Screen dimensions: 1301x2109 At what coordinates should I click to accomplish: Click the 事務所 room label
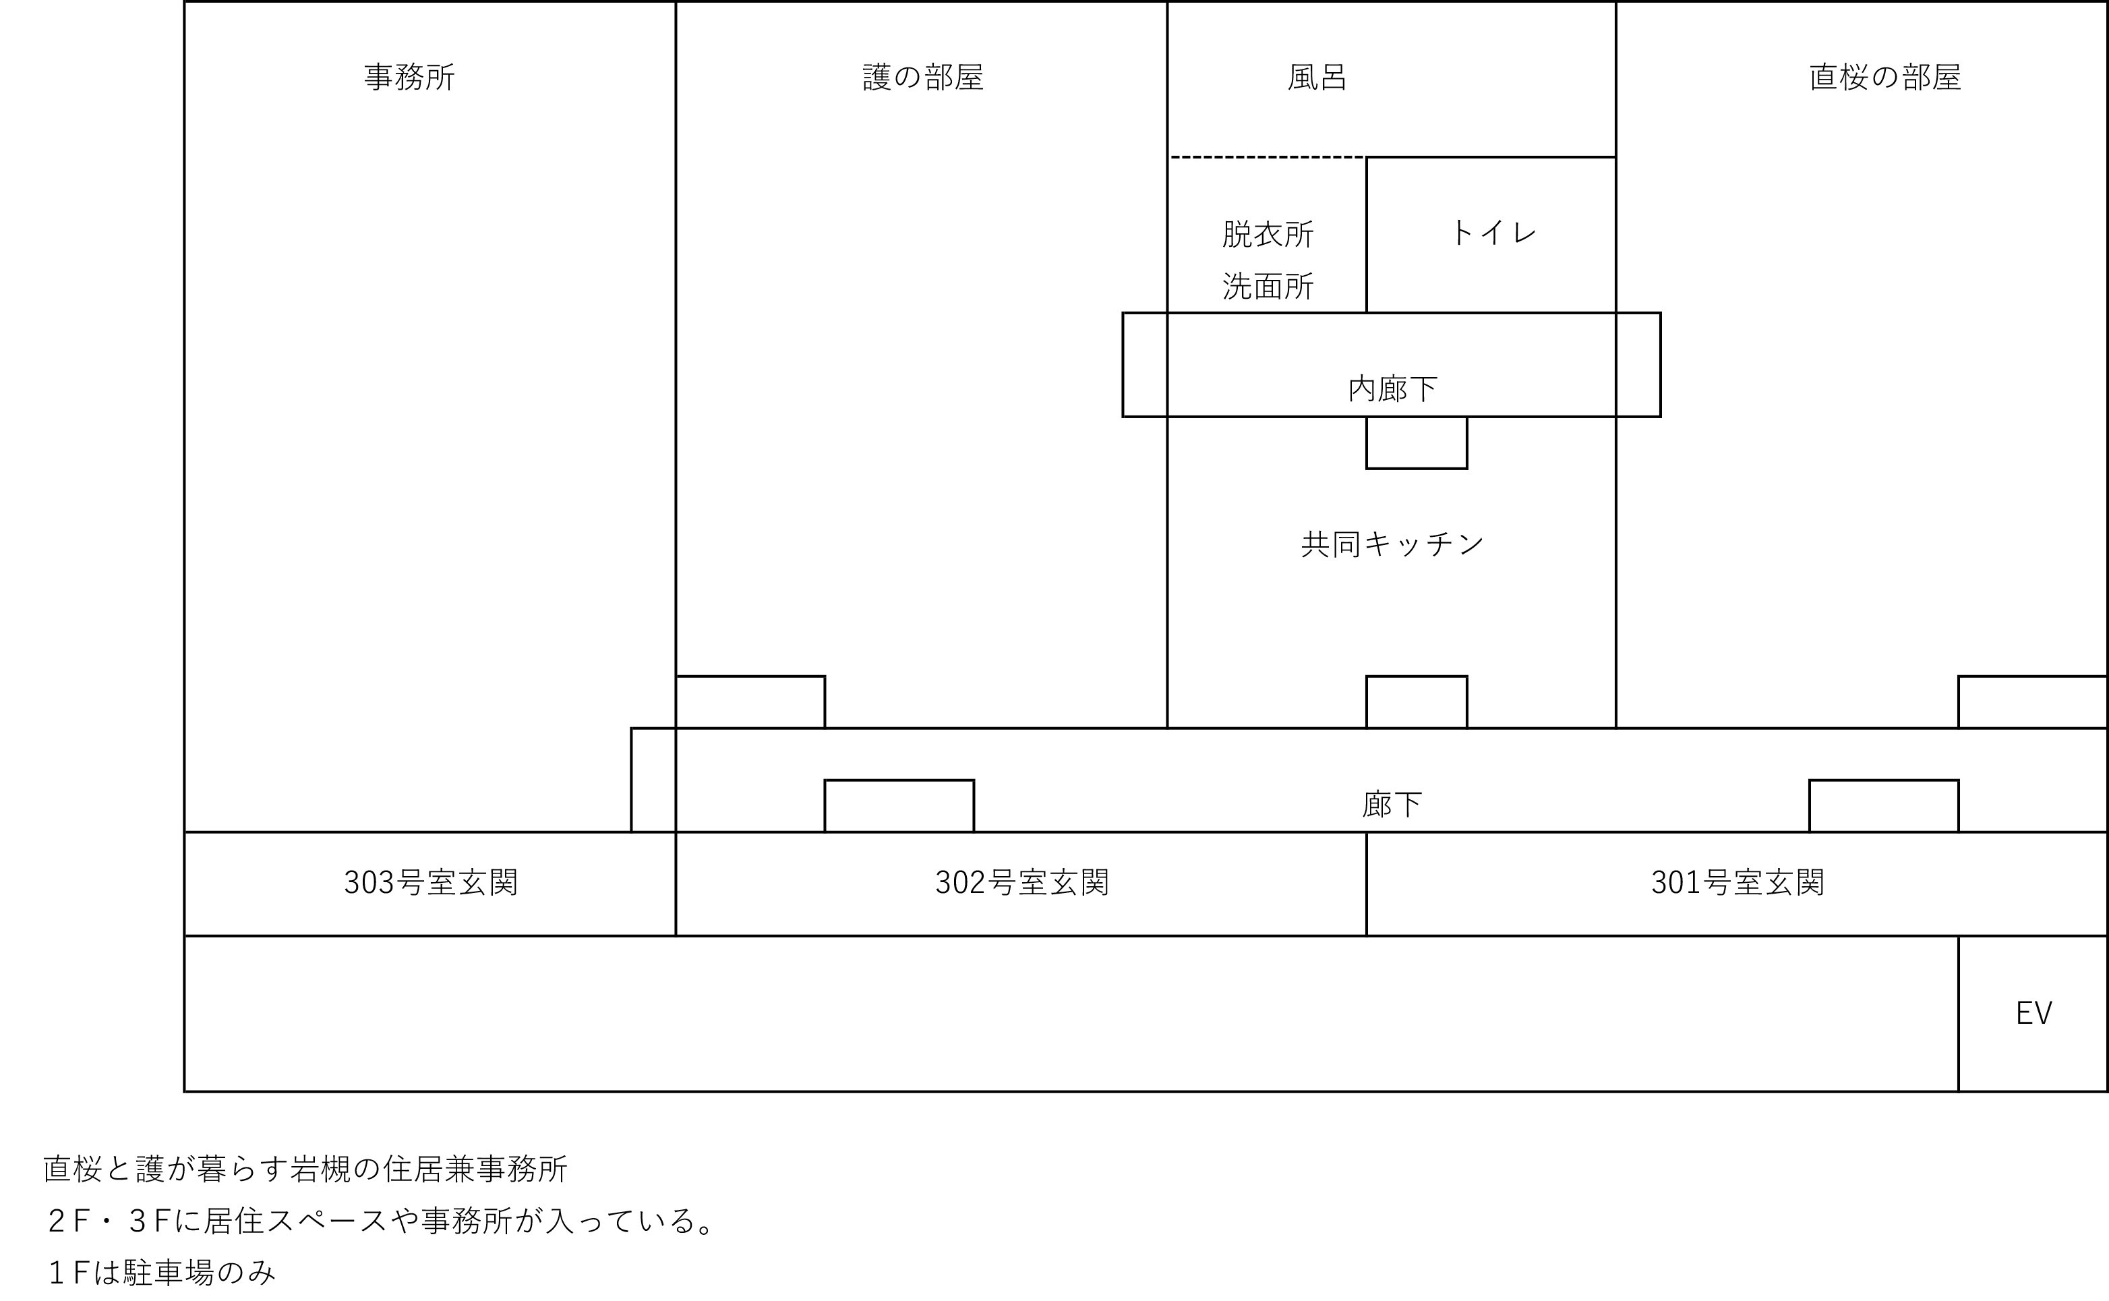pos(409,78)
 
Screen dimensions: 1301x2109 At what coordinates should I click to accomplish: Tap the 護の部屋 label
pos(922,78)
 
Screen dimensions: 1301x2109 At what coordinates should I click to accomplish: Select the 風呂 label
pos(1317,78)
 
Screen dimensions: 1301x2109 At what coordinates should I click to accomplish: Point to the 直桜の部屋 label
pos(1884,78)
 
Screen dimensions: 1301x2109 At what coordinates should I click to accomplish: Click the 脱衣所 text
pos(1267,234)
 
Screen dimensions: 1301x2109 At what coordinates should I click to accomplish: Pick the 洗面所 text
pos(1267,287)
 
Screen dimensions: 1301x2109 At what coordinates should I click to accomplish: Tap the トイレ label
pos(1493,232)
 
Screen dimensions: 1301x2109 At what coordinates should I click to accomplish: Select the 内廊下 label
pos(1392,389)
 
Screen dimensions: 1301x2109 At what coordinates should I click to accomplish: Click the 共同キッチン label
pos(1392,544)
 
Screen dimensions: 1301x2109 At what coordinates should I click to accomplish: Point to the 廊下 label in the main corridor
pos(1392,805)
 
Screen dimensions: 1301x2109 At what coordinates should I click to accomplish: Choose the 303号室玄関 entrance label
pos(430,883)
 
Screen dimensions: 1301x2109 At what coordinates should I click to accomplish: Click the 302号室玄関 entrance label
pos(1022,883)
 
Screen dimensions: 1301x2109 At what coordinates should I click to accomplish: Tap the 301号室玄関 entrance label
pos(1737,883)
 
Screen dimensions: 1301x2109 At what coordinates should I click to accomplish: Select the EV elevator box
pos(2033,1014)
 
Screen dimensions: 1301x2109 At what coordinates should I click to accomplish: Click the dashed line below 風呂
pos(1267,157)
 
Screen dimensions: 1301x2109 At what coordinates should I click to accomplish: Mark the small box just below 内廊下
pos(1416,443)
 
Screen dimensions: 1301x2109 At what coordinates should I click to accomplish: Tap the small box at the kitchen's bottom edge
pos(1416,702)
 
